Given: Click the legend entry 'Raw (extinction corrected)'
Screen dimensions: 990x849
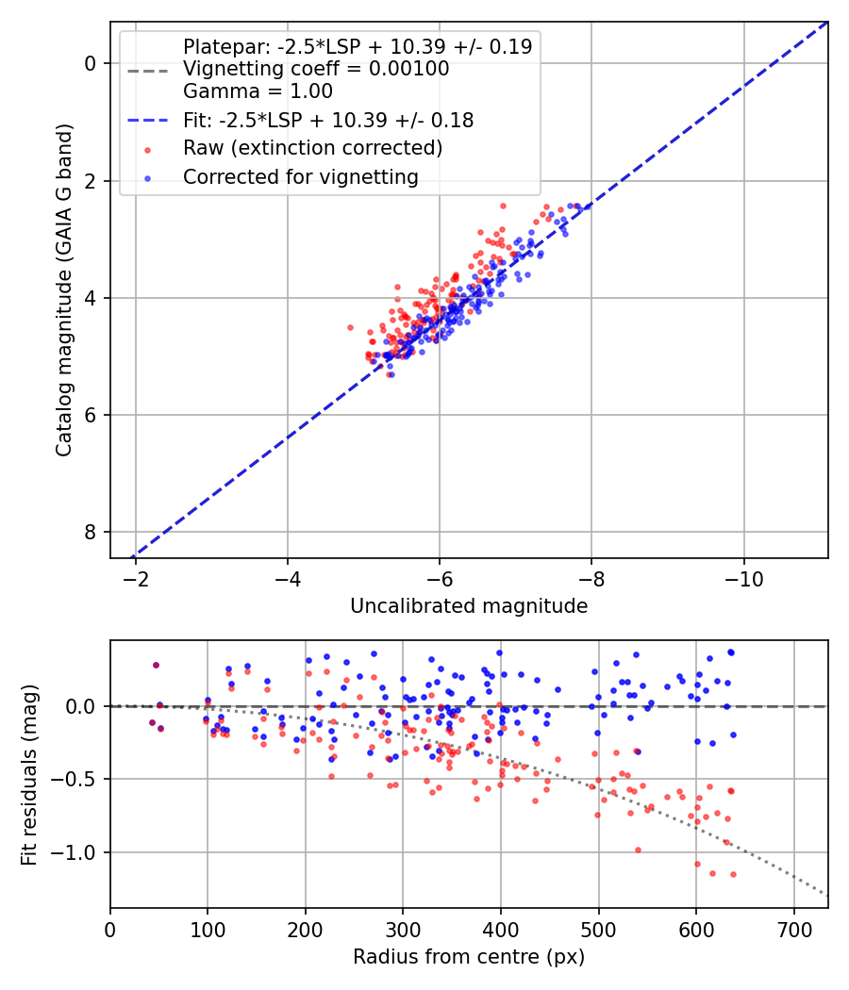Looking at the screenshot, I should click(x=312, y=148).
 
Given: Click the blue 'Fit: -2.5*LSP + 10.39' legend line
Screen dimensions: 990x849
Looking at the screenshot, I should click(x=147, y=121).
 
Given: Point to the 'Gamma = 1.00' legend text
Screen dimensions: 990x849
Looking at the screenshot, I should click(x=258, y=92).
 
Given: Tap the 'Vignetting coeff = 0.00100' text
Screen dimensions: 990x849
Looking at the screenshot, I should click(x=316, y=69).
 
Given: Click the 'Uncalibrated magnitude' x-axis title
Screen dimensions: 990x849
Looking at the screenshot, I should click(x=469, y=606).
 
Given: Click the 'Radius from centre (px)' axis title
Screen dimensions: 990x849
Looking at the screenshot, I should click(x=469, y=957).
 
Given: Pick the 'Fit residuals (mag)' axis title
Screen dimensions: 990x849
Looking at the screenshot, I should click(x=29, y=773).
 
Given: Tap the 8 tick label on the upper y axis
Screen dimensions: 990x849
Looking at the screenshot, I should click(x=91, y=533).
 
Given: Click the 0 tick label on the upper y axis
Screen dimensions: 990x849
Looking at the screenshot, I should click(x=91, y=63).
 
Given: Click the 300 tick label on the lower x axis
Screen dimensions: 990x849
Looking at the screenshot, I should click(x=403, y=928).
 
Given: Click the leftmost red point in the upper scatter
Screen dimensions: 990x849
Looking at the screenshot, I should click(x=350, y=327).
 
